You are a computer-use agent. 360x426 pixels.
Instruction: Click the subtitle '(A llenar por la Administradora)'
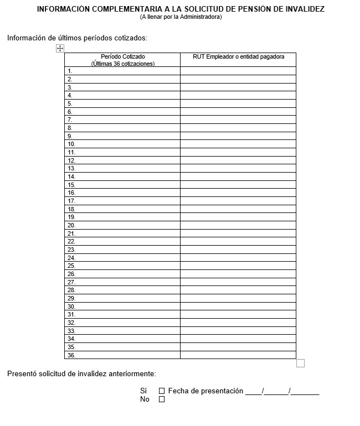point(181,17)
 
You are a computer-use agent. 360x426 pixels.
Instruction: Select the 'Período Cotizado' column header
point(123,56)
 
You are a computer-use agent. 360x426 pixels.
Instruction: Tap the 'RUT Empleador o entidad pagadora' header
point(238,56)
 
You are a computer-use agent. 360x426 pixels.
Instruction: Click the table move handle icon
point(60,49)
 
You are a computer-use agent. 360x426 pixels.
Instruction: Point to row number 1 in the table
point(70,71)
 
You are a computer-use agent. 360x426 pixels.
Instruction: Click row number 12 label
point(71,160)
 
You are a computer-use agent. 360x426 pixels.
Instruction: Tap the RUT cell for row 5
point(238,103)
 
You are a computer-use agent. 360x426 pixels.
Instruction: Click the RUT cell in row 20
point(238,225)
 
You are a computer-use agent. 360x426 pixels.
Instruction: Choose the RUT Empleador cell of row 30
point(238,306)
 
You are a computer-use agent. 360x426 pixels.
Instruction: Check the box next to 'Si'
point(162,391)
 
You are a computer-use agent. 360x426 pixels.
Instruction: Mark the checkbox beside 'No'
point(162,399)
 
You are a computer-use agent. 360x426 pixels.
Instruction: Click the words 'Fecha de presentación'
point(205,391)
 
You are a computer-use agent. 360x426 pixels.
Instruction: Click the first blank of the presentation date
point(254,392)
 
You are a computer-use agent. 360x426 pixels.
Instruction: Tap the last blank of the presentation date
point(306,392)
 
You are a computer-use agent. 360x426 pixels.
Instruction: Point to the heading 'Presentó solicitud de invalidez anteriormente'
point(81,374)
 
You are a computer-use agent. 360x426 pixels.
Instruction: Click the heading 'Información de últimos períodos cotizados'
point(77,38)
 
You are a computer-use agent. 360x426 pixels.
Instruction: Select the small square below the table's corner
point(300,363)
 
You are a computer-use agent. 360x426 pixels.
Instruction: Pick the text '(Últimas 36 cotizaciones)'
point(123,64)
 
